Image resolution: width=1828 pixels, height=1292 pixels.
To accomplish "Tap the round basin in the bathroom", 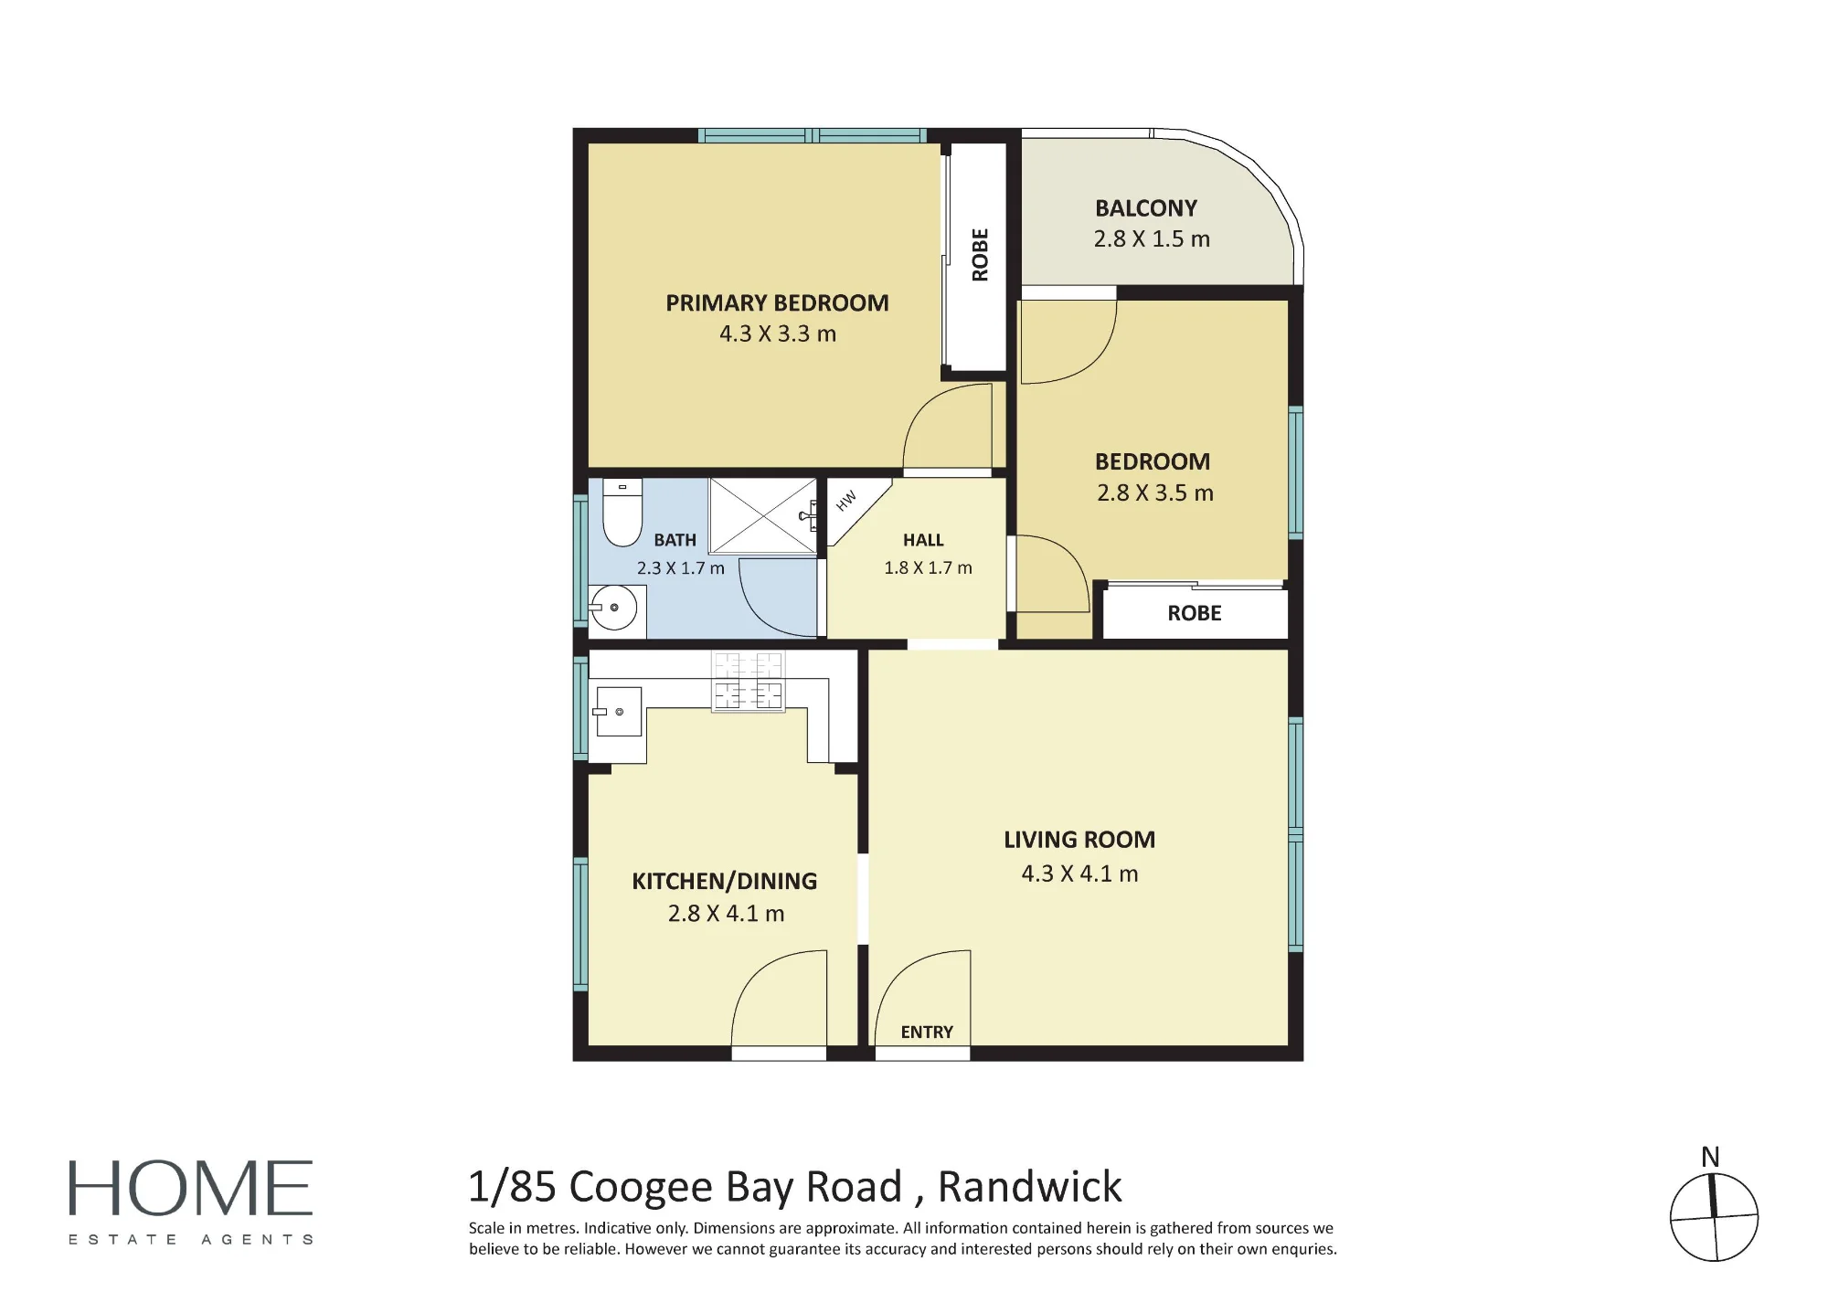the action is coord(614,608).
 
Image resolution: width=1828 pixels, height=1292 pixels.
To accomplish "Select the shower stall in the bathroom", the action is coord(763,515).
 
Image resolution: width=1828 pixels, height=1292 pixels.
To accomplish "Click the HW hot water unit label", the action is coord(846,501).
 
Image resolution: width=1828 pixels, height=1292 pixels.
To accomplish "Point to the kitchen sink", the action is coord(618,711).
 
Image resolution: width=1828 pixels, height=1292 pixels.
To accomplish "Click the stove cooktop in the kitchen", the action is coord(749,681).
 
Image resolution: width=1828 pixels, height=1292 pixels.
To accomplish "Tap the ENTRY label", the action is coord(927,1032).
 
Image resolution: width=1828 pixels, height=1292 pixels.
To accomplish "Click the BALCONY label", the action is coord(1146,208).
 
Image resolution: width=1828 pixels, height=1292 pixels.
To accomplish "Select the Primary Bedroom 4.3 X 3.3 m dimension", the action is coord(778,334).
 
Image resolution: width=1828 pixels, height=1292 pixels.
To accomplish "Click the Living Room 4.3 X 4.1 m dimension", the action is coord(1079,874).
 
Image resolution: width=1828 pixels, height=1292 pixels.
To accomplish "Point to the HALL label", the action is coord(923,540).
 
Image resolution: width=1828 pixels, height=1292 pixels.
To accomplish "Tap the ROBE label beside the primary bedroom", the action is coord(980,255).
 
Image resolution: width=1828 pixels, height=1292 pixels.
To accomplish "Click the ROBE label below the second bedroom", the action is coord(1195,613).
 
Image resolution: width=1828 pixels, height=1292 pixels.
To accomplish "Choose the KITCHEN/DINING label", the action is coord(725,881).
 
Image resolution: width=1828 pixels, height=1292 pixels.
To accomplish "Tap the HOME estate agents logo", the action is coord(191,1202).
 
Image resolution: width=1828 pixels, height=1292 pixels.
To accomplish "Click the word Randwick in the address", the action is coord(1030,1187).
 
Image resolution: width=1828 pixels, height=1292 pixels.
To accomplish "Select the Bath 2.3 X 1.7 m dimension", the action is coord(681,567).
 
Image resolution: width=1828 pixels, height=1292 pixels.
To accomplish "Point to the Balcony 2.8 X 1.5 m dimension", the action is coord(1152,238).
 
